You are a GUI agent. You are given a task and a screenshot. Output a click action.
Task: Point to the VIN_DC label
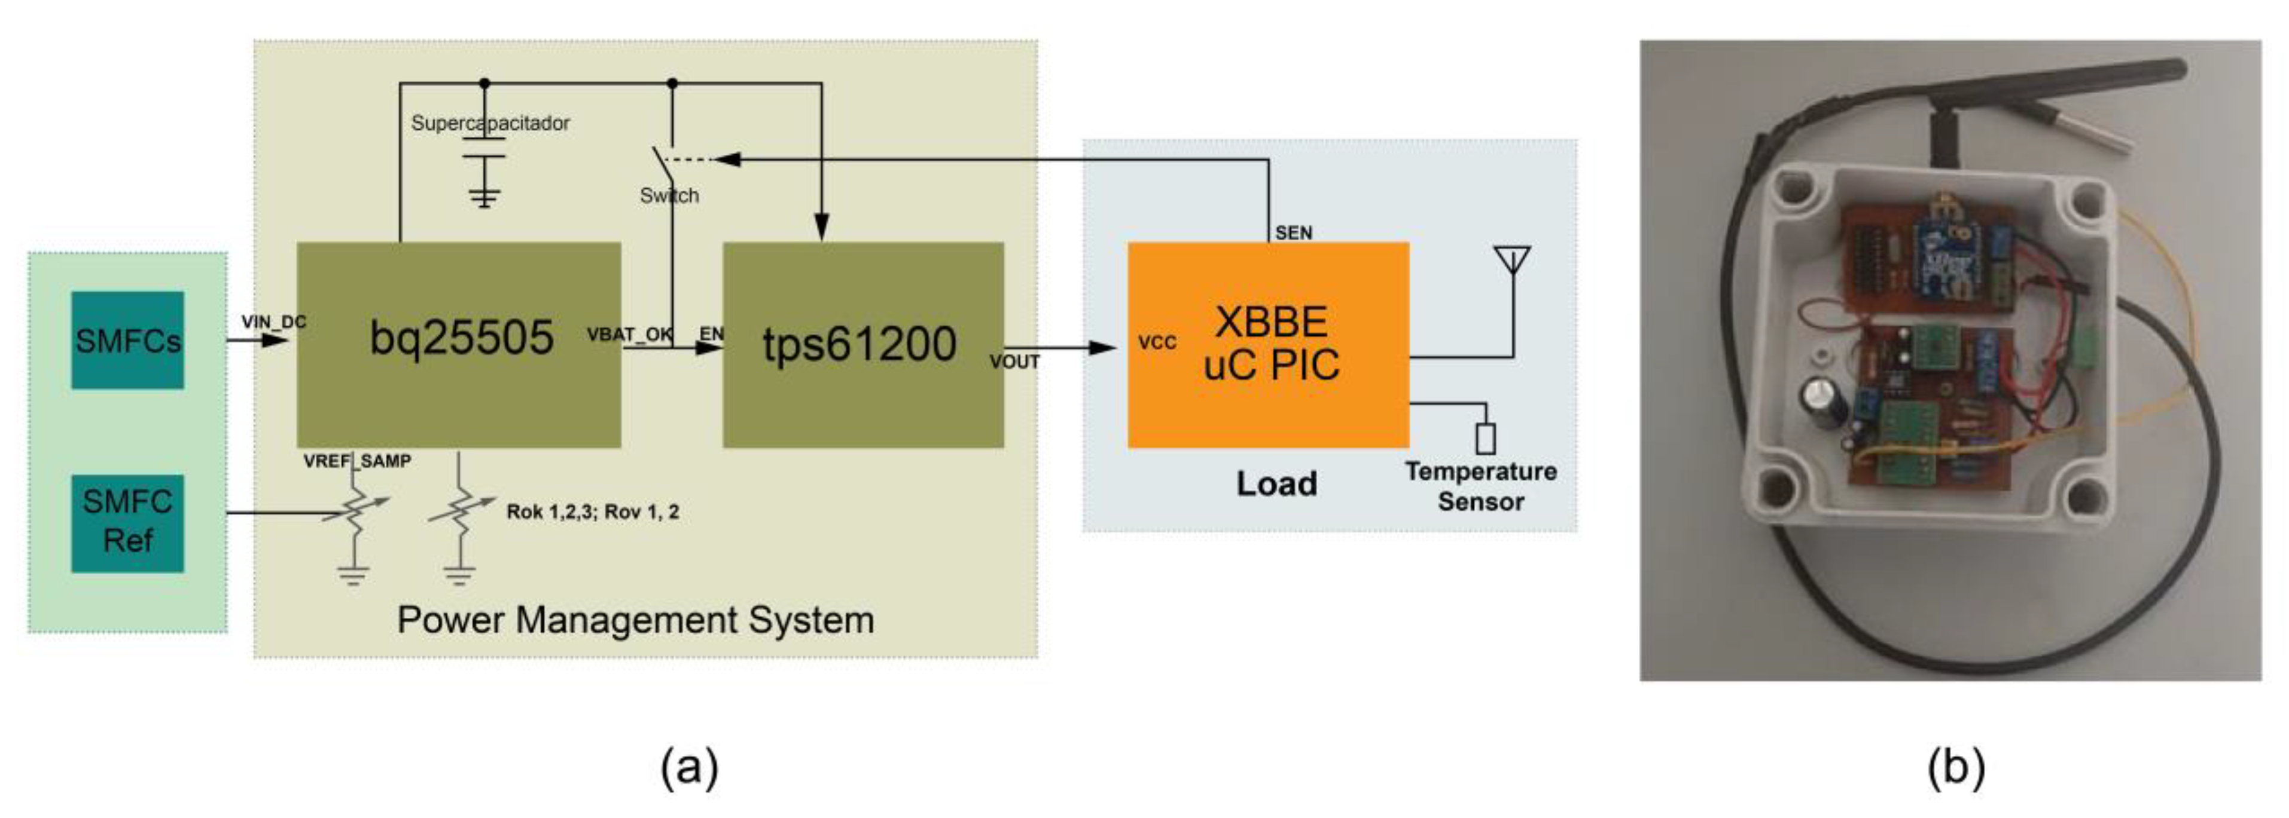[x=273, y=321]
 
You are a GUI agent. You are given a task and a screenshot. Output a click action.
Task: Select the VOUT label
[x=1014, y=361]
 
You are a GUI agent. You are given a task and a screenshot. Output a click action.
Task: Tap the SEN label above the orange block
[x=1293, y=232]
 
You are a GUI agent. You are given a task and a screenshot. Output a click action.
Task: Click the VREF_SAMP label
[x=356, y=461]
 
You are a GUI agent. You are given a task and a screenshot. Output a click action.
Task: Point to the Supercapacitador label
[x=490, y=122]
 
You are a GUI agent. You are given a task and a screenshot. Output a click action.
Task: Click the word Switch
[x=669, y=195]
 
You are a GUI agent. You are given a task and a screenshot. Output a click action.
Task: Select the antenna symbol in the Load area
[x=1513, y=261]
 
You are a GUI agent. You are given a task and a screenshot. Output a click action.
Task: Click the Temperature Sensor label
[x=1480, y=486]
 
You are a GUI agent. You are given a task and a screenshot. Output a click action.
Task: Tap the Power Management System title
[x=635, y=619]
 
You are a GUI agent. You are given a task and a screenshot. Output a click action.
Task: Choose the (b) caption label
[x=1956, y=767]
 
